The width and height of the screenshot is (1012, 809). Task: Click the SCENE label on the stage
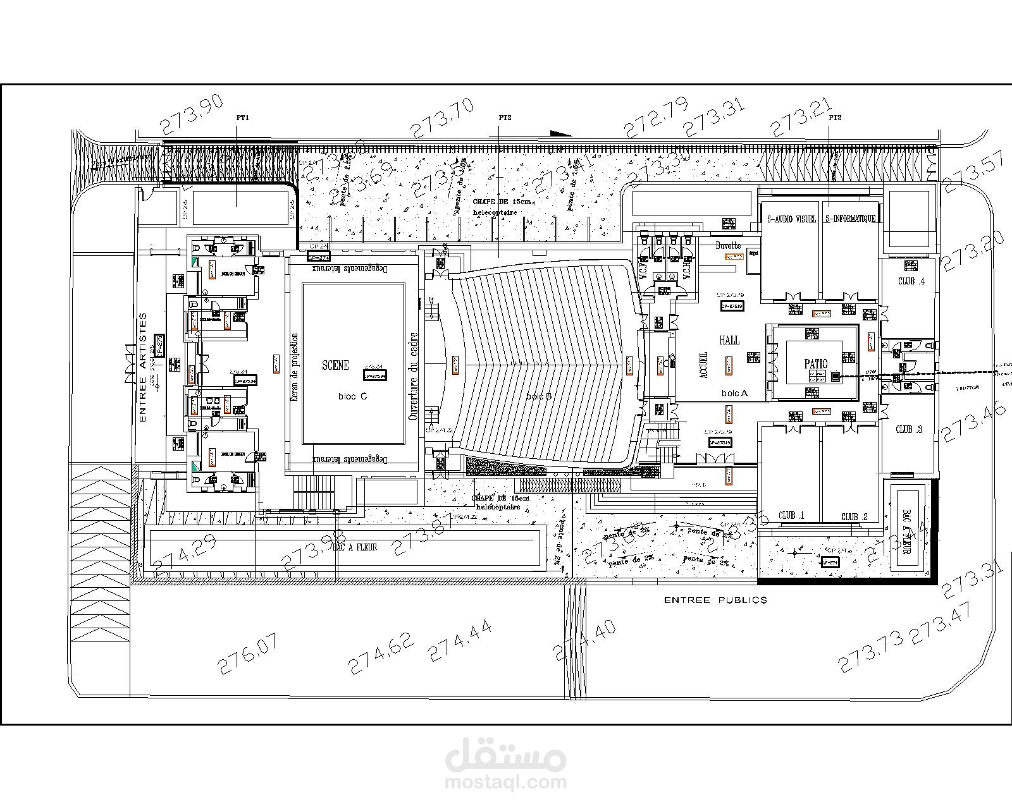click(x=335, y=365)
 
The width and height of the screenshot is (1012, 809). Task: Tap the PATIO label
click(x=815, y=364)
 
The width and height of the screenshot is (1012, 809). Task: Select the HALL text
click(x=729, y=340)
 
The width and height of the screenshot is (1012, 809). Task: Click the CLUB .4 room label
click(x=911, y=281)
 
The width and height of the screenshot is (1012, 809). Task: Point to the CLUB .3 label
click(x=908, y=430)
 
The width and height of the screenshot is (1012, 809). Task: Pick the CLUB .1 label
click(x=791, y=516)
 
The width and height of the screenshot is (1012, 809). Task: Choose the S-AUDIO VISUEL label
click(x=791, y=219)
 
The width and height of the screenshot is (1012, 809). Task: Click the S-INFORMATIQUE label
click(x=850, y=219)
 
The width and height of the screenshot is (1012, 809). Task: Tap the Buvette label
click(x=727, y=245)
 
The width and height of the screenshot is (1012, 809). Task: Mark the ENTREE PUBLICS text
click(x=715, y=600)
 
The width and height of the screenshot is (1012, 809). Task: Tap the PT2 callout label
click(x=505, y=118)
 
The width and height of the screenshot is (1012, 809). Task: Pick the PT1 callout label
click(x=242, y=118)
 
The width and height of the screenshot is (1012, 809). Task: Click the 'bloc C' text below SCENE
click(x=352, y=396)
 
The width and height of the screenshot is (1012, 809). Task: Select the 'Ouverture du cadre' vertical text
click(x=414, y=377)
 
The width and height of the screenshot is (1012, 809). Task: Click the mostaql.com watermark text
click(x=506, y=782)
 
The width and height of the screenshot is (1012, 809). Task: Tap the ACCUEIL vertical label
click(x=705, y=365)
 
